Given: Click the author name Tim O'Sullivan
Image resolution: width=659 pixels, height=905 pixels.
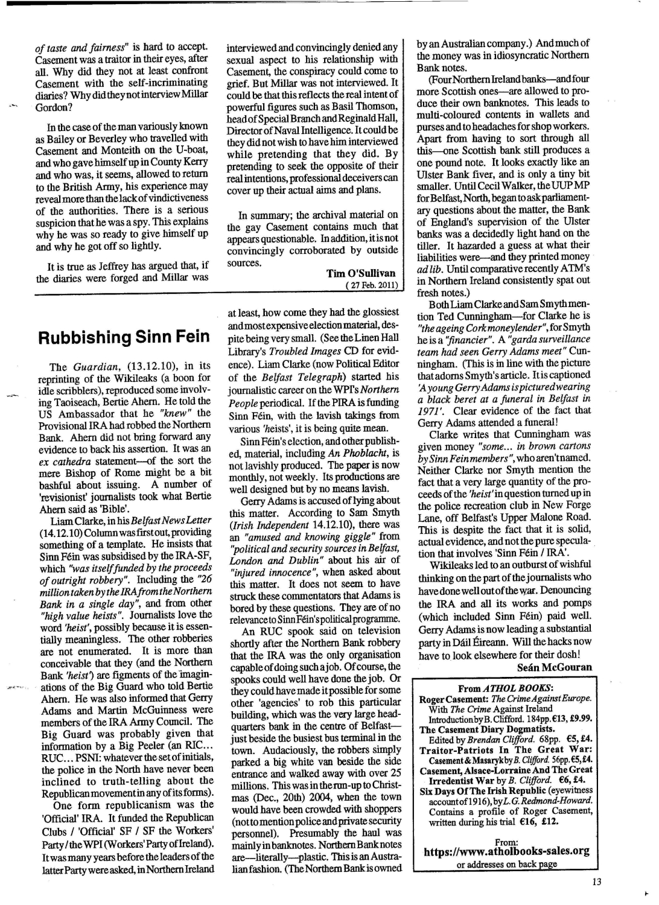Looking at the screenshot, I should (x=361, y=274).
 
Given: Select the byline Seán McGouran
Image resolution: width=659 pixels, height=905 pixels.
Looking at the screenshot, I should (x=555, y=668).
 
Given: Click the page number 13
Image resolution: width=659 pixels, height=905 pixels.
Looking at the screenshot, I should (x=597, y=882).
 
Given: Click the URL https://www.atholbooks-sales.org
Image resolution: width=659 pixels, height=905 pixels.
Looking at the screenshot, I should (x=506, y=851).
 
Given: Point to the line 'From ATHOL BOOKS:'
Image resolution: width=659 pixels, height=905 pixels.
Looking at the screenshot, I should (x=506, y=688).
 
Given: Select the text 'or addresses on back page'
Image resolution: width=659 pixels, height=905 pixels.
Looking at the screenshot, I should (x=506, y=863).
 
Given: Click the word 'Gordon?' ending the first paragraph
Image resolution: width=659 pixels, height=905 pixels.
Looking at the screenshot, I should (x=54, y=107).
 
